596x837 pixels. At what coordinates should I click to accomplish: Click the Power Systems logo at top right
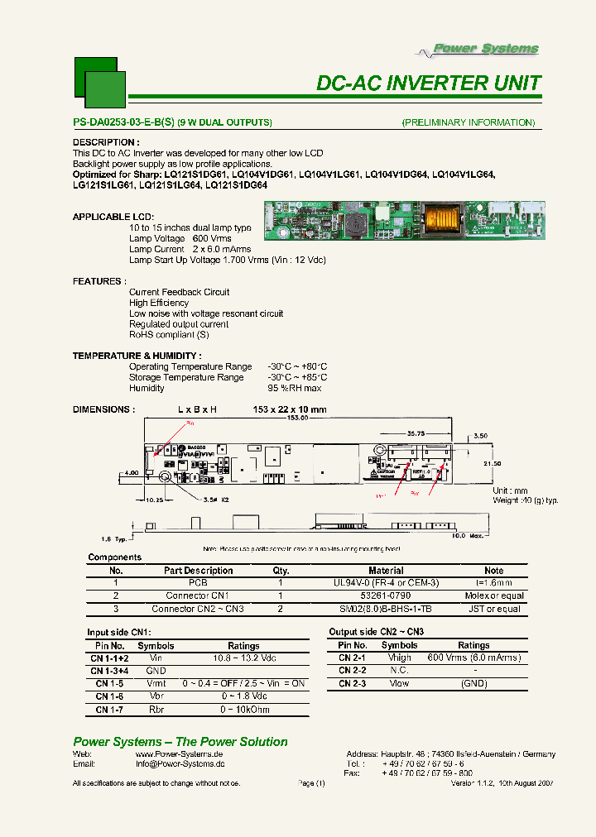pyautogui.click(x=478, y=50)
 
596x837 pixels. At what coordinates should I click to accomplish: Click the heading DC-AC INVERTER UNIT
pyautogui.click(x=429, y=84)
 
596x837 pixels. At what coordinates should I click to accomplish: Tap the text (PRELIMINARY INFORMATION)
pyautogui.click(x=469, y=122)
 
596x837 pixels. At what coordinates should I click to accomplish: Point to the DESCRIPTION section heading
pyautogui.click(x=106, y=142)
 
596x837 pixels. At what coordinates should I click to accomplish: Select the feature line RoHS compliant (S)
pyautogui.click(x=168, y=335)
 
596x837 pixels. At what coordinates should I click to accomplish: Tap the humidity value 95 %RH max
pyautogui.click(x=295, y=388)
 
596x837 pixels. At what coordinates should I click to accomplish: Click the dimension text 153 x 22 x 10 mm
pyautogui.click(x=290, y=409)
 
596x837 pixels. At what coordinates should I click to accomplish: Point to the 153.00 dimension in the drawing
pyautogui.click(x=297, y=418)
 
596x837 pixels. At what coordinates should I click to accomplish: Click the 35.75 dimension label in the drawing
pyautogui.click(x=416, y=433)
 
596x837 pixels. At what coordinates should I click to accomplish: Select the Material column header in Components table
pyautogui.click(x=386, y=571)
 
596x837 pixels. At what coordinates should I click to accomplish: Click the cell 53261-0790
pyautogui.click(x=386, y=595)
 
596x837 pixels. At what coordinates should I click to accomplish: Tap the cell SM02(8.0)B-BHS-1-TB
pyautogui.click(x=386, y=609)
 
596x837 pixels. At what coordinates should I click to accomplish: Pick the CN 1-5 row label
pyautogui.click(x=108, y=684)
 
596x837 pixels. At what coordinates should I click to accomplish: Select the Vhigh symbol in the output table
pyautogui.click(x=399, y=658)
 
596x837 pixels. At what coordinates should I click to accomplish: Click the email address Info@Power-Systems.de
pyautogui.click(x=180, y=764)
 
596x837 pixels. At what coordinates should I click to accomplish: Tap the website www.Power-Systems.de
pyautogui.click(x=180, y=754)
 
